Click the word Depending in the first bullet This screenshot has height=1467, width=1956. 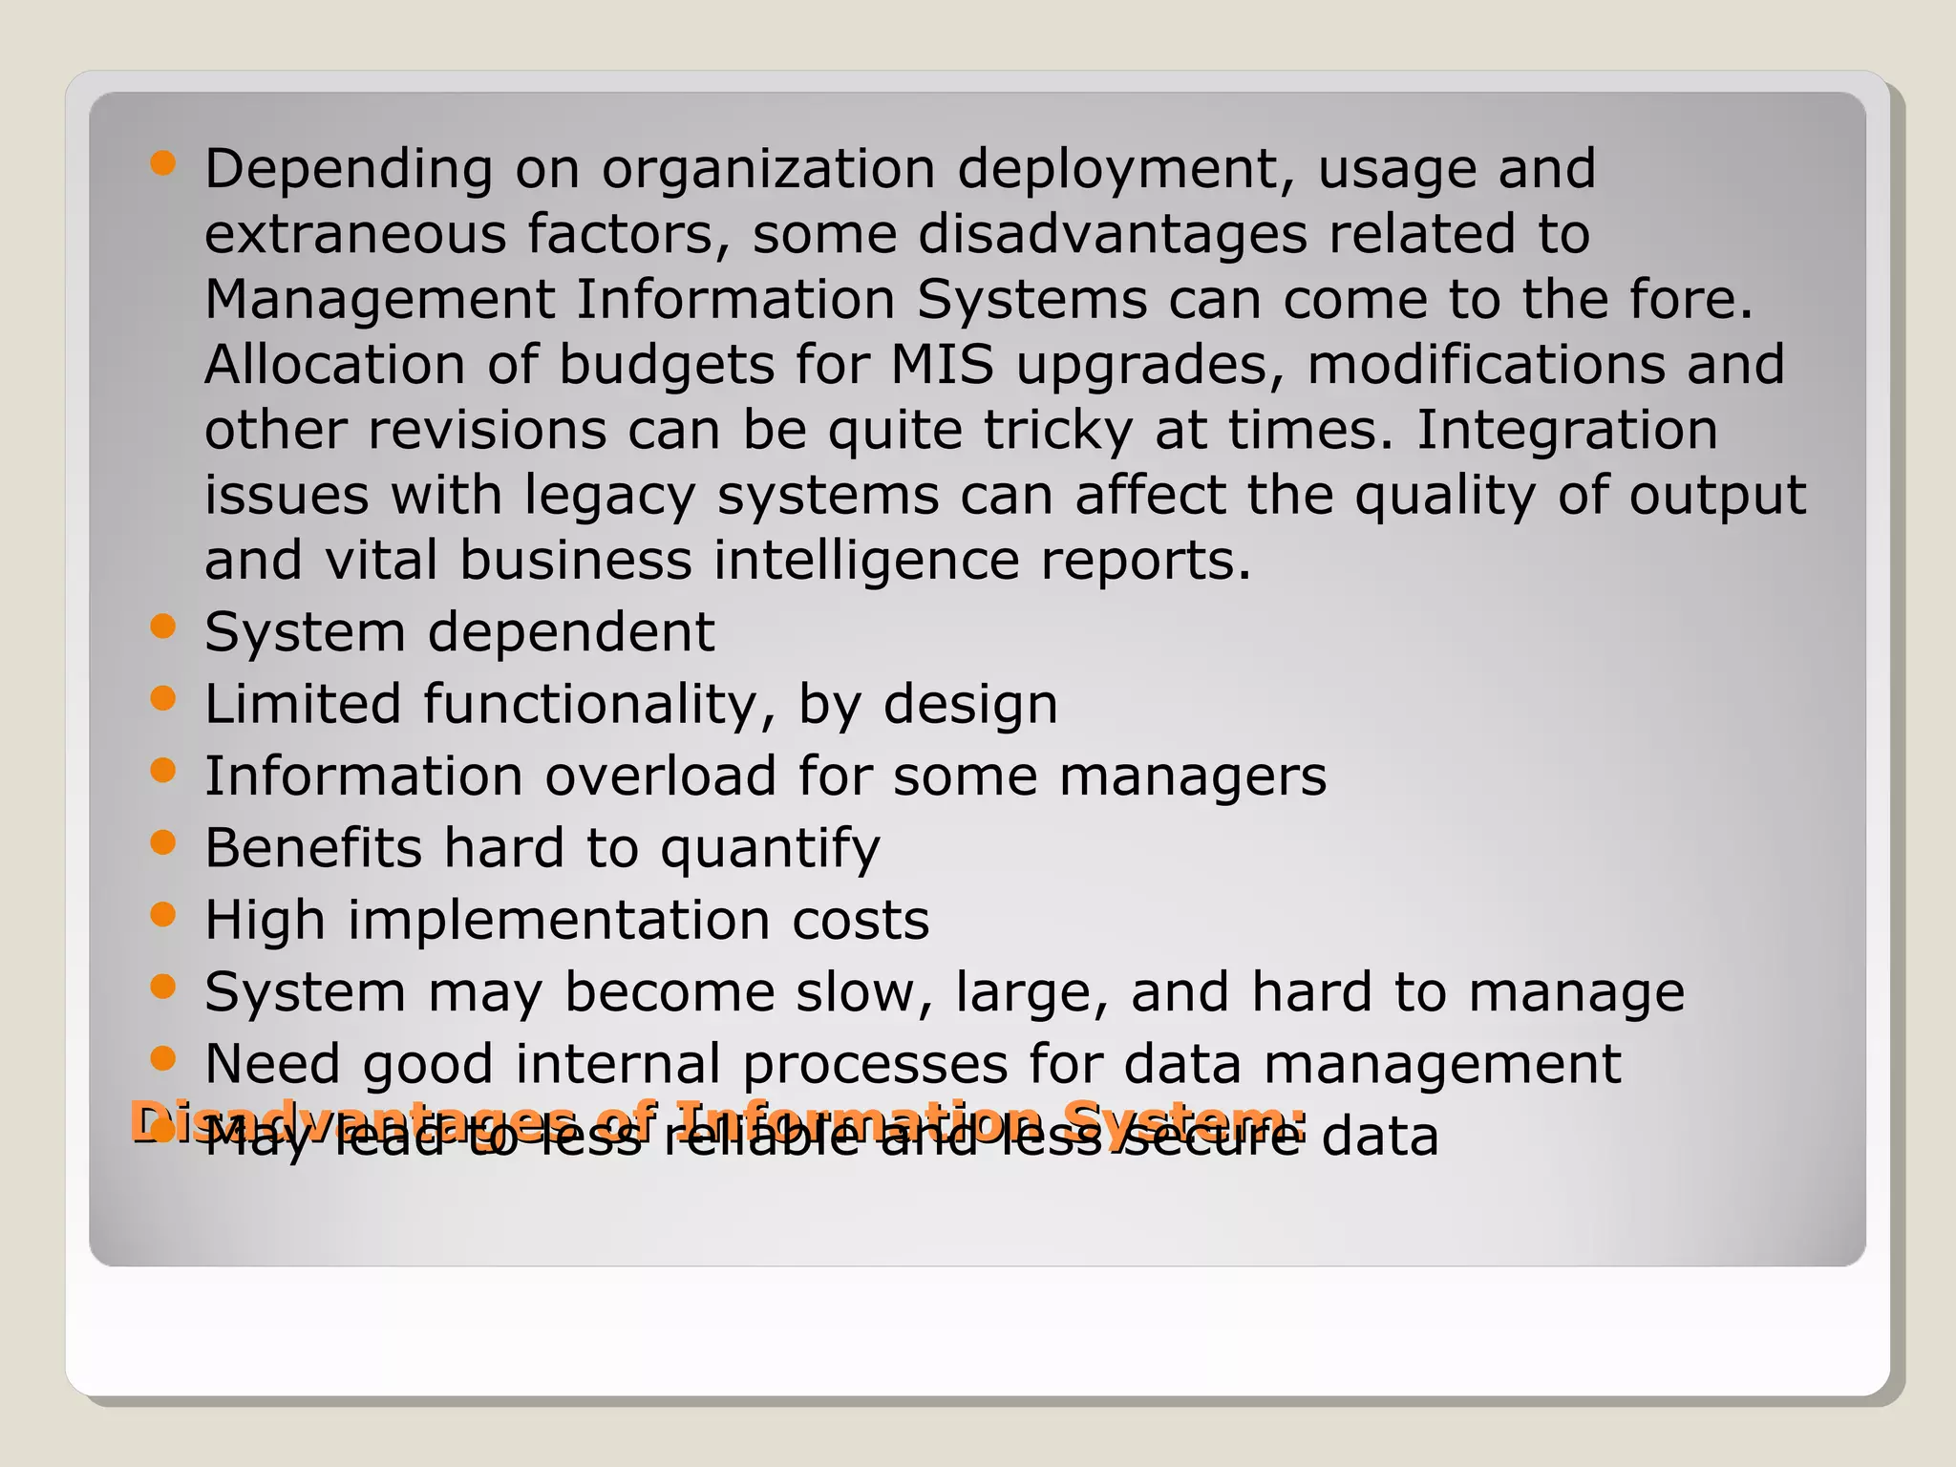click(x=349, y=170)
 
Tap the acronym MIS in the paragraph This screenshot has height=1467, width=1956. click(x=942, y=365)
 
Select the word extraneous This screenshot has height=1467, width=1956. click(x=354, y=235)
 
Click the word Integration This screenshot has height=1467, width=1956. click(x=1566, y=430)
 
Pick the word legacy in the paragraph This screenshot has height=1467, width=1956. click(x=609, y=497)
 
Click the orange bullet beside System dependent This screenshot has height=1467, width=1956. click(x=163, y=627)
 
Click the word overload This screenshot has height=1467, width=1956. click(x=660, y=776)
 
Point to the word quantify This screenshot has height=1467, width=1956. click(x=770, y=849)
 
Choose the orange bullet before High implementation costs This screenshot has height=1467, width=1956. click(x=163, y=915)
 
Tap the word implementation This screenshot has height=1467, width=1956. click(x=558, y=921)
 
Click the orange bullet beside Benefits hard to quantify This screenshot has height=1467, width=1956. click(x=163, y=842)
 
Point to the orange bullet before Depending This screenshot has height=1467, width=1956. click(x=163, y=163)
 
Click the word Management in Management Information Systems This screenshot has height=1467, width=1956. click(x=379, y=300)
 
